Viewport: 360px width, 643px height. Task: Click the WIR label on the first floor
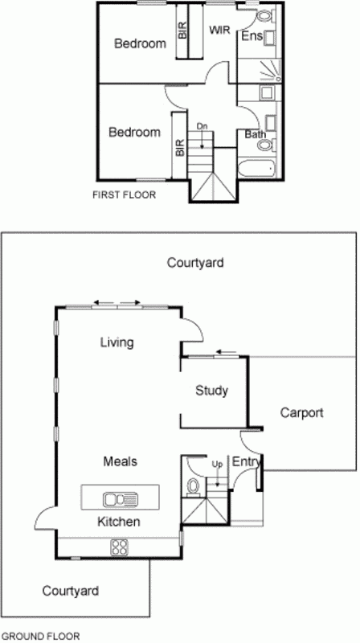(x=219, y=30)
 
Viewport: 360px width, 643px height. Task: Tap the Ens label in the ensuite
(x=252, y=37)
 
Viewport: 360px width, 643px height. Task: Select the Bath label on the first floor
(x=256, y=134)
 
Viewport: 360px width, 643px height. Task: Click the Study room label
(x=212, y=391)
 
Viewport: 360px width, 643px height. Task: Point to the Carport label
(x=301, y=412)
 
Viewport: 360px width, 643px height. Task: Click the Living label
(x=117, y=343)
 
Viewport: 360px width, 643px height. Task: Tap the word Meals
(x=120, y=461)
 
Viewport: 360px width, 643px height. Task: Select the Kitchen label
(x=119, y=522)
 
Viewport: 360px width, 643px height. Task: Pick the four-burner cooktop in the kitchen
(x=120, y=547)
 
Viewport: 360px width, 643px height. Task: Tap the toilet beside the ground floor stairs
(x=193, y=485)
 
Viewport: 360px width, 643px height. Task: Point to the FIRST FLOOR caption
(x=125, y=195)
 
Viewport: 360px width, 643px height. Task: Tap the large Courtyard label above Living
(x=195, y=262)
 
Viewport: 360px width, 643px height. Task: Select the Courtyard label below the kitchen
(x=71, y=591)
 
